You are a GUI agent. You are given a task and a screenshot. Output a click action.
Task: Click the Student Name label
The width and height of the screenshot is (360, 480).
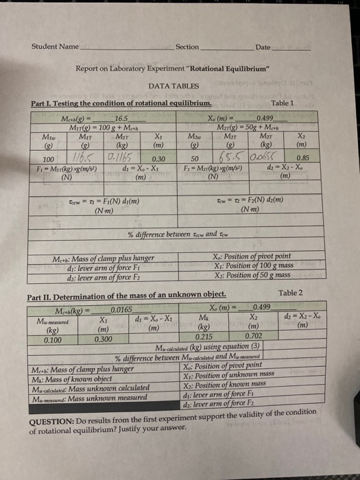[56, 47]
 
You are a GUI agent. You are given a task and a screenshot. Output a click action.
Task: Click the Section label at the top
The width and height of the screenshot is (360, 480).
[187, 47]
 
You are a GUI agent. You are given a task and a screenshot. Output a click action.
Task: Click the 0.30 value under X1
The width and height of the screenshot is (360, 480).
[158, 158]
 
